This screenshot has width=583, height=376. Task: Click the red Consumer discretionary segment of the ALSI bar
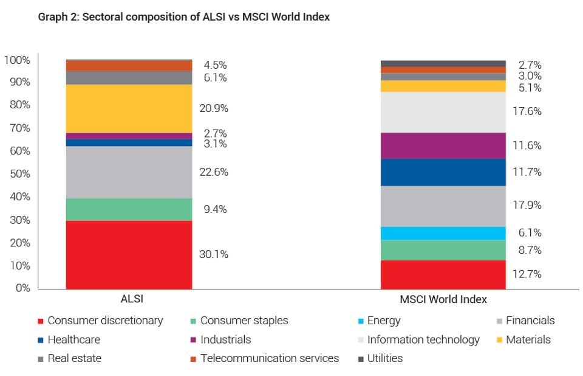[x=129, y=254]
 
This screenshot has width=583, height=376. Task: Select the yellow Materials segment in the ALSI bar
[x=129, y=108]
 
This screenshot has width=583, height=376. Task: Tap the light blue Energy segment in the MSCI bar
[x=443, y=233]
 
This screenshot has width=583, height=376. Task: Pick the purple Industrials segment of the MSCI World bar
[x=443, y=145]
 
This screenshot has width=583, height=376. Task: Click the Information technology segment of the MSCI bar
[x=443, y=112]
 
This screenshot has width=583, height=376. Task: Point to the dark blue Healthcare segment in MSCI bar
[x=443, y=172]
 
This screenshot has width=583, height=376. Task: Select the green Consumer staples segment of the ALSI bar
[x=129, y=209]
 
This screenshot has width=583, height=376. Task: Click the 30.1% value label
[x=214, y=254]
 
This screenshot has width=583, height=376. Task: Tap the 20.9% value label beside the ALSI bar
[x=214, y=109]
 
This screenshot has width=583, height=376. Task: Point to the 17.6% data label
[x=527, y=112]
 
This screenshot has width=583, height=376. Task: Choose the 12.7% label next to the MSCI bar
[x=527, y=274]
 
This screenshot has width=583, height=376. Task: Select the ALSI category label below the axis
[x=132, y=299]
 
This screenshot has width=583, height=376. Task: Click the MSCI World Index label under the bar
[x=443, y=299]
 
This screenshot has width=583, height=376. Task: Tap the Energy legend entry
[x=383, y=321]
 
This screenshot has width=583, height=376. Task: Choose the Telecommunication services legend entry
[x=269, y=358]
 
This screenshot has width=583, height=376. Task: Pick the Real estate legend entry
[x=74, y=358]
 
